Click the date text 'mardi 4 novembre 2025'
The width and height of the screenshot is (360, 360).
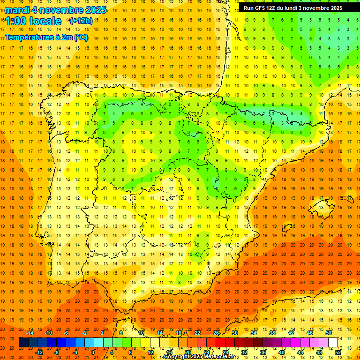tap(56, 10)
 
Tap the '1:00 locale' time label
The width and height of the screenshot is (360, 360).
tap(33, 21)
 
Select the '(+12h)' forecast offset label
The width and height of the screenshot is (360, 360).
tap(81, 21)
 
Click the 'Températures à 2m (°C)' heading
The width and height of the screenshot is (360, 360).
tap(46, 37)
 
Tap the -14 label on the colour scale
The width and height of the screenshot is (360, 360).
tap(30, 333)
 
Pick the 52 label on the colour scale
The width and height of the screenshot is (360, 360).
tap(338, 352)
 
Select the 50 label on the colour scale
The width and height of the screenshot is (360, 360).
tap(329, 333)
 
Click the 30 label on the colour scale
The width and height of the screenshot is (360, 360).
tap(235, 333)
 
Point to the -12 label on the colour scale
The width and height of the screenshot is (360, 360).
tap(39, 352)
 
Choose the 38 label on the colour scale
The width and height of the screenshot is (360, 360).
tap(272, 333)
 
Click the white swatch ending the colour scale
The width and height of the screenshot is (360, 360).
tap(333, 343)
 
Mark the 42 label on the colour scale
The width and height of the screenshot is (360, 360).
tap(291, 333)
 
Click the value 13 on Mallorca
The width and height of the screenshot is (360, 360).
tap(321, 207)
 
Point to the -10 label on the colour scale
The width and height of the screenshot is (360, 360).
tap(49, 333)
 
